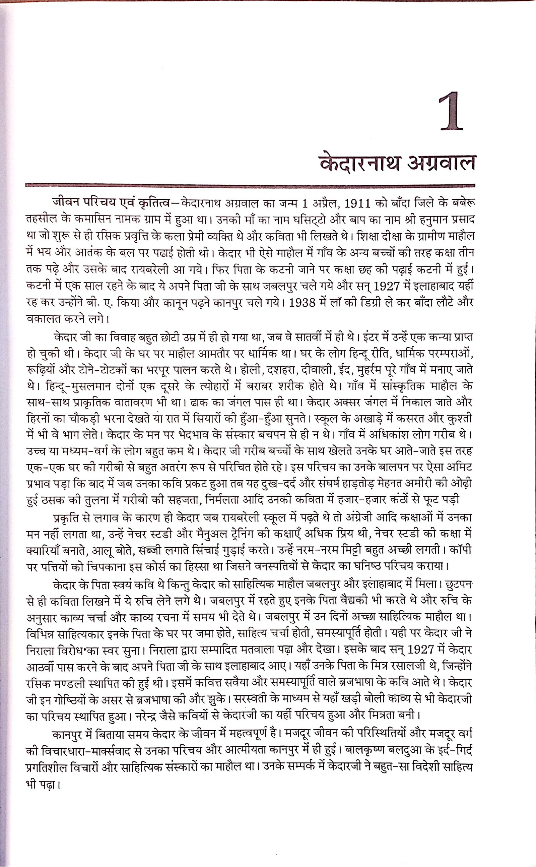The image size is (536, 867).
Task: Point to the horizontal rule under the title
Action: point(250,185)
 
